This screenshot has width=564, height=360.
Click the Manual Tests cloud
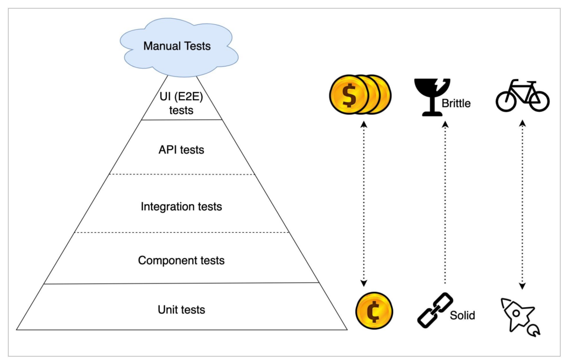point(177,46)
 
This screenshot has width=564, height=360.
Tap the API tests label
point(181,149)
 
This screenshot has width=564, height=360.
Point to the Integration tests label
point(181,207)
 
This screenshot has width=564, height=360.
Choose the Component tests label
point(181,260)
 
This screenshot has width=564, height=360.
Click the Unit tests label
point(181,309)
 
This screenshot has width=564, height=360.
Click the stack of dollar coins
point(359,95)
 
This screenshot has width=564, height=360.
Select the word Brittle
point(456,103)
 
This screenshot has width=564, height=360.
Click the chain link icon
point(435,310)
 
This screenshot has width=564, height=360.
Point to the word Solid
point(463,316)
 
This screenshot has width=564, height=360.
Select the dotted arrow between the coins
point(363,204)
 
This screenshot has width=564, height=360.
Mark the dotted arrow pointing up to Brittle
point(445,204)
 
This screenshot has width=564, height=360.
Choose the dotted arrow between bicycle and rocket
point(522,204)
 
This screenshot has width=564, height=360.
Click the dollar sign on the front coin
point(349,95)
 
